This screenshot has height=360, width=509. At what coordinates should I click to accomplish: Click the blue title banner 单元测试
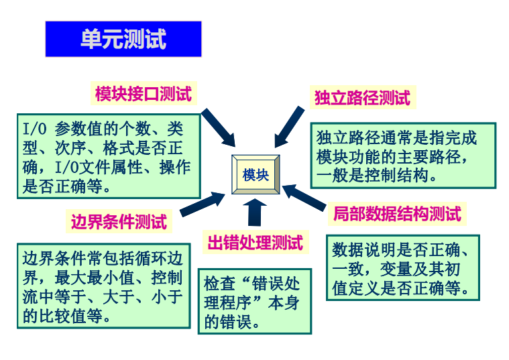point(123,39)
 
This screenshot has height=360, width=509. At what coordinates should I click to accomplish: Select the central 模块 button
point(256,175)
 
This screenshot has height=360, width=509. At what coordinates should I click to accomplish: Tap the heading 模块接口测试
point(143,94)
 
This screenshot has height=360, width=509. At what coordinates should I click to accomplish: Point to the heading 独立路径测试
point(362,98)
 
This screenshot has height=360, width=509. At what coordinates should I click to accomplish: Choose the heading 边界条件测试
point(119,221)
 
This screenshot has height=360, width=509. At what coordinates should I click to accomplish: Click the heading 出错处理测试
point(255,242)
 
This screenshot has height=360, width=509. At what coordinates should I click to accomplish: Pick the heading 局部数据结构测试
point(397,215)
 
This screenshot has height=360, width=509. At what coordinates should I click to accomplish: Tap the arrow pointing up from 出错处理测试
point(255,211)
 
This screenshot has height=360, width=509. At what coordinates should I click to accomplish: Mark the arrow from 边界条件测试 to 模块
point(202,203)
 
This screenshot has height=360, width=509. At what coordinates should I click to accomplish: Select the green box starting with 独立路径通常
point(402,156)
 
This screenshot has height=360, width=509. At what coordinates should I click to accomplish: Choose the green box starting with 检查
point(254,301)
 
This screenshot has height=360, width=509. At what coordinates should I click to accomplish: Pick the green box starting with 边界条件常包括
point(103,286)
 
